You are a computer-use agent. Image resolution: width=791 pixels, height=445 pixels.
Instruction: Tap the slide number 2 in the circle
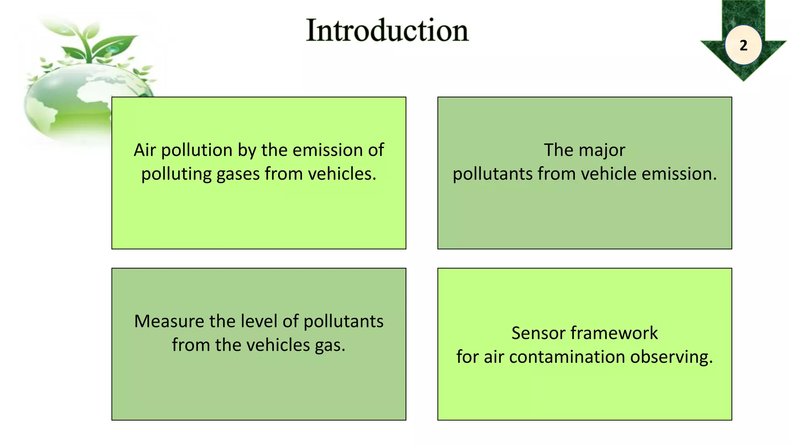pos(743,46)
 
